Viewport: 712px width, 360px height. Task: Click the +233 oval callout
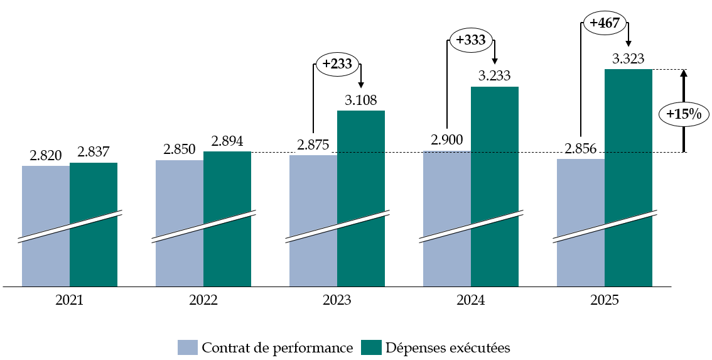338,63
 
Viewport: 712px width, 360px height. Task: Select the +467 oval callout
605,24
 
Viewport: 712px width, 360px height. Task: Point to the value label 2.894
227,141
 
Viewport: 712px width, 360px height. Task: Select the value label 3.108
361,101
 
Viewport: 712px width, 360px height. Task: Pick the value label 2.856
581,149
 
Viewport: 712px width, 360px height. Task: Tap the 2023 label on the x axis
337,300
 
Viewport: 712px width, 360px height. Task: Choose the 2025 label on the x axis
605,300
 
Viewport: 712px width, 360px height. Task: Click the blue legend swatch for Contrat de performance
188,347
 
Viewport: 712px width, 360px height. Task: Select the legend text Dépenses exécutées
448,347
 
